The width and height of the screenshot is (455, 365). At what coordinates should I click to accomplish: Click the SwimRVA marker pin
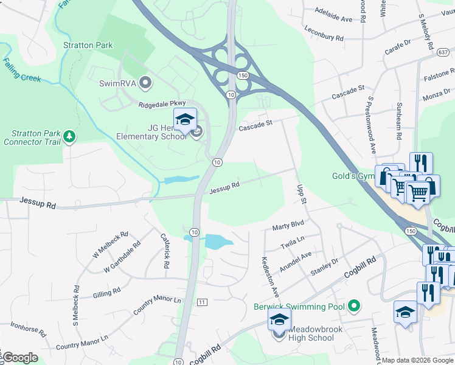(x=145, y=82)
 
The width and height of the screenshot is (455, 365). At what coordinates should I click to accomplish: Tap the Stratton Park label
(x=87, y=45)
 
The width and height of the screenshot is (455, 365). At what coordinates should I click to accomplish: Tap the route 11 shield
(x=203, y=302)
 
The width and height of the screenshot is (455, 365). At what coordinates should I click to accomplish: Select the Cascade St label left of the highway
(x=254, y=125)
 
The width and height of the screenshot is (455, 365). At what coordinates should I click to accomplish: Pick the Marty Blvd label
(x=288, y=226)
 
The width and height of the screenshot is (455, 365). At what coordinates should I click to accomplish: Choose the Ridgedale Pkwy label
(x=162, y=104)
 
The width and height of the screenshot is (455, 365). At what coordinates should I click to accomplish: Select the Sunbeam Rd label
(x=400, y=119)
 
